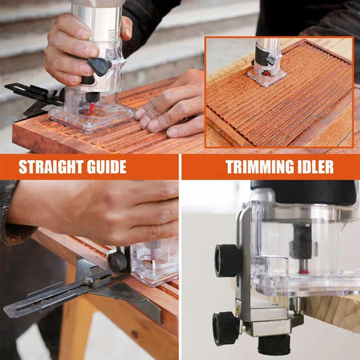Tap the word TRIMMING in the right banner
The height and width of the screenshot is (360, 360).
259,167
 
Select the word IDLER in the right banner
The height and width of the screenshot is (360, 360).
317,167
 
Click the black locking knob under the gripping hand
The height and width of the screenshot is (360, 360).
99,67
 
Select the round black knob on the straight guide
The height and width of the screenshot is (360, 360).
117,261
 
